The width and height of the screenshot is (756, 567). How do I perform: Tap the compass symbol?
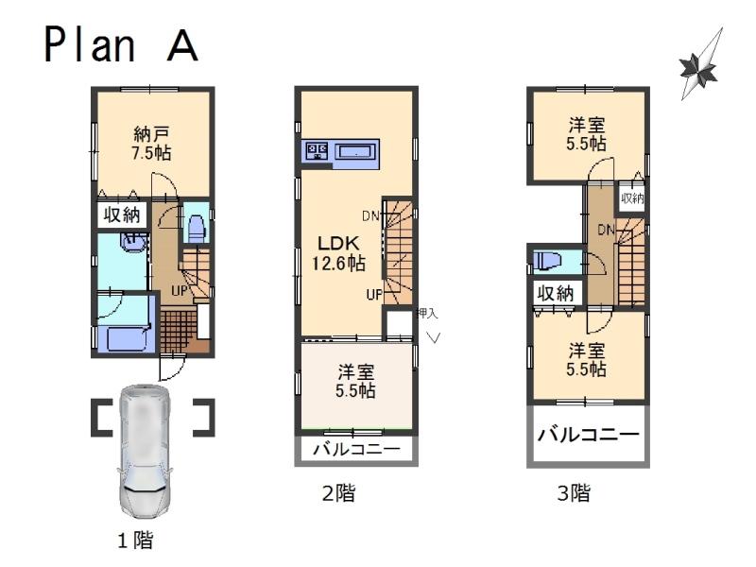[x=699, y=66]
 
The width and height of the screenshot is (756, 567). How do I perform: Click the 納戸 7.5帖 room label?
[x=151, y=141]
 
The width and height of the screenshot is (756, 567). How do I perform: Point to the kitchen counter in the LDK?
[x=340, y=152]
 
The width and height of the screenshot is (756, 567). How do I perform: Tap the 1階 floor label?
[x=135, y=541]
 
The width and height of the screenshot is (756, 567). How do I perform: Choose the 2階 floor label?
[x=339, y=492]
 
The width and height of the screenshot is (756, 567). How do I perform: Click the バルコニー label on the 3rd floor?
[x=589, y=436]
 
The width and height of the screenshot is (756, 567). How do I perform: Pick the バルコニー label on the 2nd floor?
[x=356, y=449]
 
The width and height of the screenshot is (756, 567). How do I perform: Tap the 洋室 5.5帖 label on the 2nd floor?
[x=356, y=379]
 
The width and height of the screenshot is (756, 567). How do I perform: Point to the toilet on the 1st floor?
[x=197, y=228]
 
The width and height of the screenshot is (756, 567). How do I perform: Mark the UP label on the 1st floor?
[x=178, y=289]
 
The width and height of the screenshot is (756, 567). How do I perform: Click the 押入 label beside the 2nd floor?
[x=427, y=313]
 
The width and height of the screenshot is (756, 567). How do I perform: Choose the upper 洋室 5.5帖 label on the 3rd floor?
[x=587, y=133]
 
